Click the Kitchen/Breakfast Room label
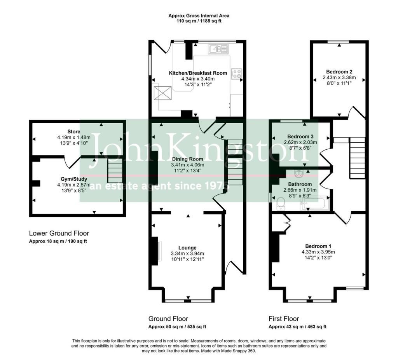tap(198, 73)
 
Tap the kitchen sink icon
tap(218, 49)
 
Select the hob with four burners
tap(236, 74)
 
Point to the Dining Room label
tap(188, 159)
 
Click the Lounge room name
tap(187, 248)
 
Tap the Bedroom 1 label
tap(318, 246)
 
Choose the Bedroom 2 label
tap(339, 72)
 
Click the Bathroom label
tap(300, 184)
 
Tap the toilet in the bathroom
tap(281, 204)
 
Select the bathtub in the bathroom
tap(315, 204)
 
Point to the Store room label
tap(74, 131)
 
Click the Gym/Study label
tap(74, 179)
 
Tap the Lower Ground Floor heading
tap(59, 233)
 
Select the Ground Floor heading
tap(168, 319)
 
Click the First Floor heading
tap(284, 319)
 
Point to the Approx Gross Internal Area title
tap(199, 16)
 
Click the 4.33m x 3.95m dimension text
tap(318, 252)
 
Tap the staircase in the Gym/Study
tap(115, 170)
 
